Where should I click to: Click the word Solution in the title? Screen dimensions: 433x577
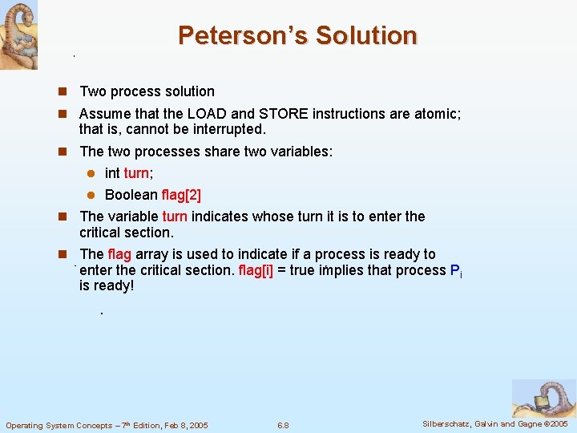point(366,36)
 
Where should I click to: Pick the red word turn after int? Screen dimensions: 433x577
point(136,173)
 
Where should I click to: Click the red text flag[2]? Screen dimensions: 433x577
point(181,195)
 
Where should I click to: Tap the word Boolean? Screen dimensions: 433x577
point(131,195)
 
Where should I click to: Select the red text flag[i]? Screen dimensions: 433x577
point(256,270)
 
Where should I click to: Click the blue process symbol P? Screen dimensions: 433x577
point(455,270)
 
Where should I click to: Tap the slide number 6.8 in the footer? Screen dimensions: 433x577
point(282,425)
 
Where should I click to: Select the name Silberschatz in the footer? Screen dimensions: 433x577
point(448,423)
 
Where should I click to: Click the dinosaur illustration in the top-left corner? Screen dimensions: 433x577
point(18,34)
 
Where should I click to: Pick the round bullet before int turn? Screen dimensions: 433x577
point(91,174)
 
